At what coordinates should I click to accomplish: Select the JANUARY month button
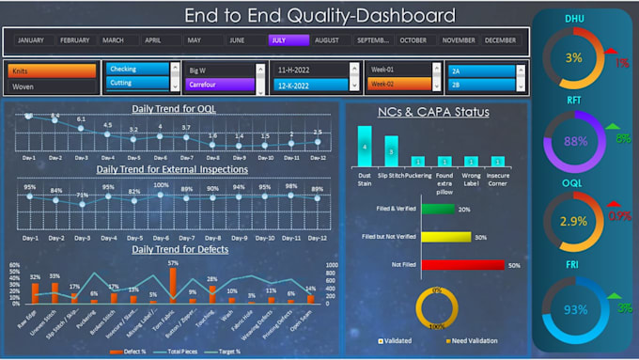click(31, 40)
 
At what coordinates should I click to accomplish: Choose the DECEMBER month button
click(500, 40)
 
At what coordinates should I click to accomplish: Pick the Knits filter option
click(52, 70)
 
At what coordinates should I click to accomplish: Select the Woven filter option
click(52, 86)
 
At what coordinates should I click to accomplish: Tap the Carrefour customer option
click(220, 85)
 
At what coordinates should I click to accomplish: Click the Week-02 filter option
click(392, 85)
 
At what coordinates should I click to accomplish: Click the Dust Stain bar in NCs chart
click(364, 150)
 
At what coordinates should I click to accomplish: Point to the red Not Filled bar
click(450, 266)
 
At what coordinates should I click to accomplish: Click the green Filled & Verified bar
click(438, 209)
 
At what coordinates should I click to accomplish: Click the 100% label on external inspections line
click(162, 186)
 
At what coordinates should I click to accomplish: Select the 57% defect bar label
click(173, 264)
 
